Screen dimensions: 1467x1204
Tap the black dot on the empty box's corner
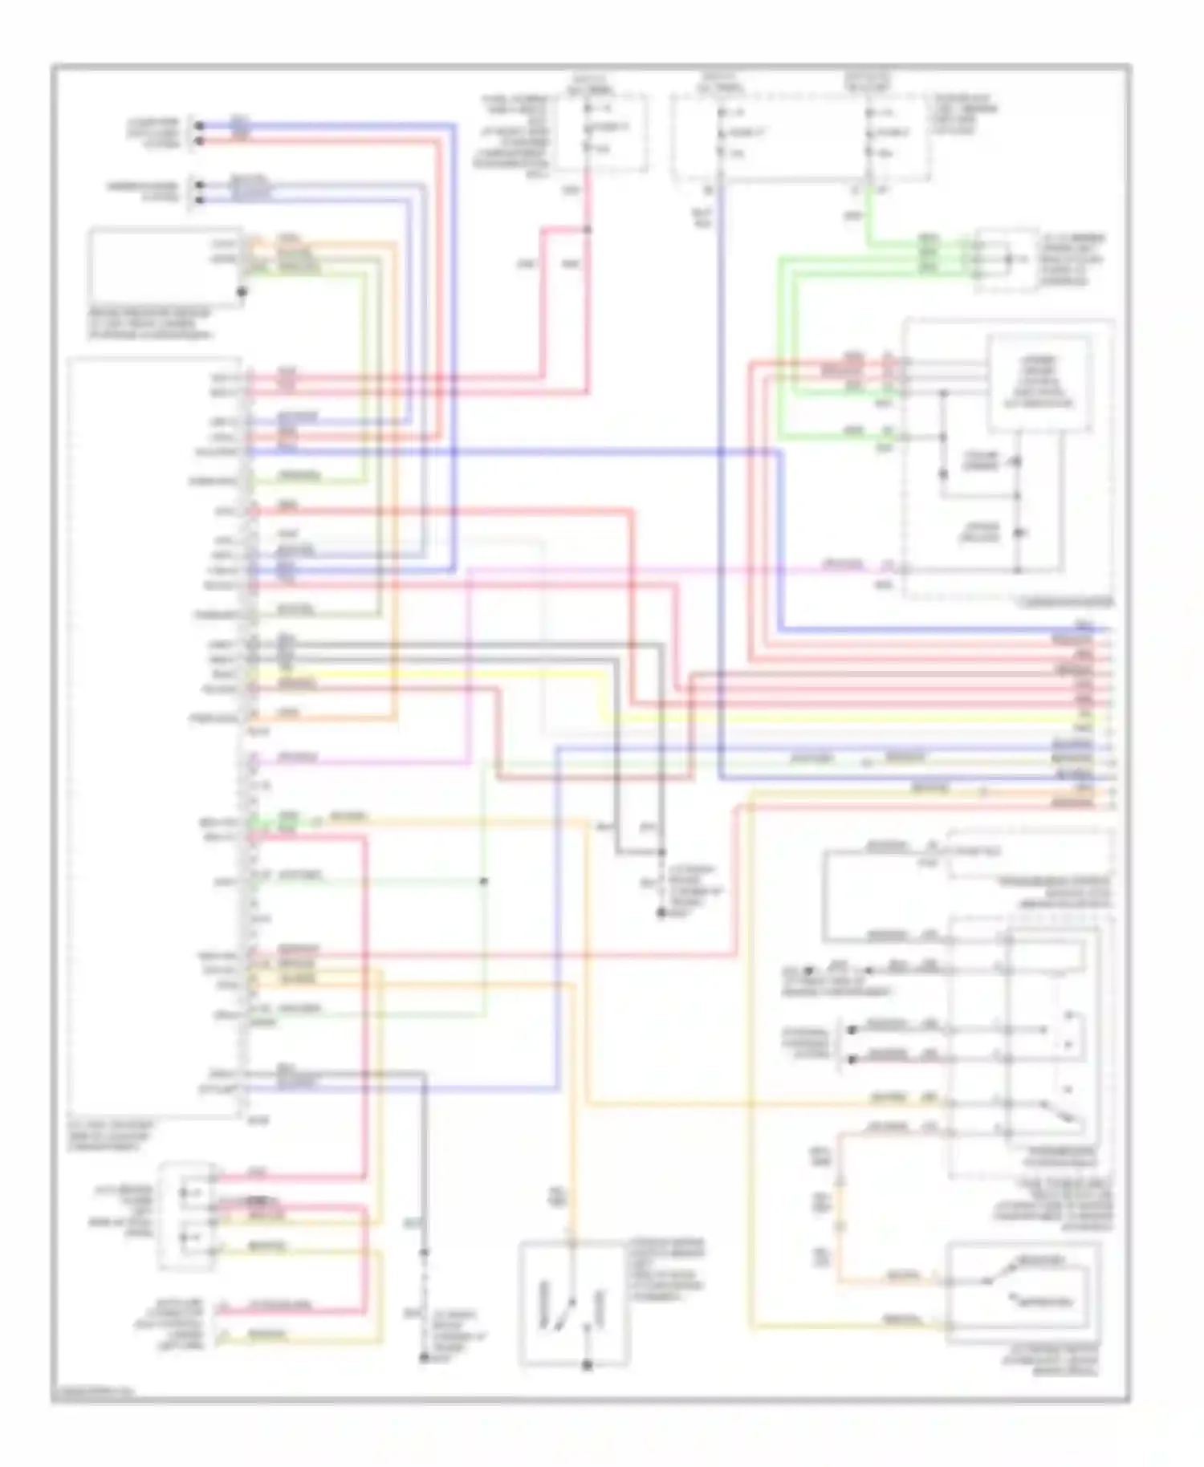(x=242, y=292)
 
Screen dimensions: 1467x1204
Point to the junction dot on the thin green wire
(x=483, y=881)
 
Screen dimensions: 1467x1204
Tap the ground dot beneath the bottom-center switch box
(x=587, y=1365)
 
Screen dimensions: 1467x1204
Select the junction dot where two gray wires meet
(x=662, y=852)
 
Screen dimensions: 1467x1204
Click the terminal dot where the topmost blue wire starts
(x=201, y=126)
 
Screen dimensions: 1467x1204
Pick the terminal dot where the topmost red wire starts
(x=201, y=140)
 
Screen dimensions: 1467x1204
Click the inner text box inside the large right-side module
(x=1039, y=384)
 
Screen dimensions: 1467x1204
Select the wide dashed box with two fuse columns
(x=800, y=136)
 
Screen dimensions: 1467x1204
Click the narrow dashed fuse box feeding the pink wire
(x=601, y=132)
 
